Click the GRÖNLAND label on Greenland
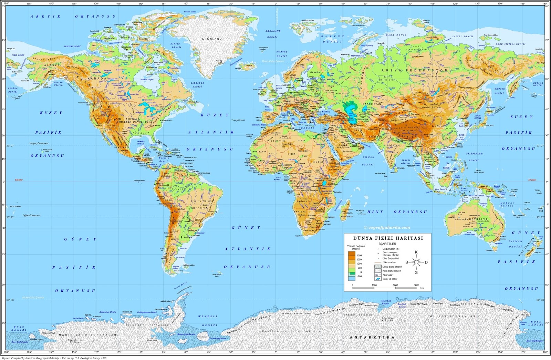tap(212, 39)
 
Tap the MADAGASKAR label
tap(346, 216)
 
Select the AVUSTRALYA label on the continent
tap(476, 219)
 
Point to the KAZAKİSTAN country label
tap(372, 104)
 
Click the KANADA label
tap(97, 79)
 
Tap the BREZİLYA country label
tap(199, 208)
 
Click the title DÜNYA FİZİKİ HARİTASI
tap(388, 238)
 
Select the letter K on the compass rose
tap(416, 252)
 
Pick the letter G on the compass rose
tap(416, 272)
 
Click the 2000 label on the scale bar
tap(395, 285)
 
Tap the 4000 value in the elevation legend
tap(359, 255)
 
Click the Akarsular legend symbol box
tap(378, 275)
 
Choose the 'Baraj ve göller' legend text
tap(390, 279)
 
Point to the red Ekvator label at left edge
tap(19, 180)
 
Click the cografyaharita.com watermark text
tap(387, 227)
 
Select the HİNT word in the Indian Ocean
tap(375, 212)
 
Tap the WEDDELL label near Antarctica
tap(208, 316)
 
